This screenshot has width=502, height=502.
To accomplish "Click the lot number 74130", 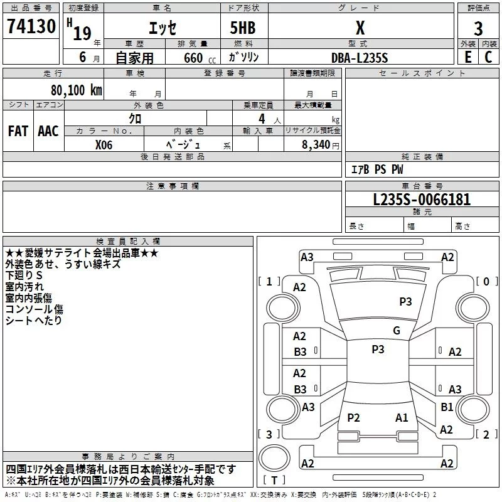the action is point(31,26).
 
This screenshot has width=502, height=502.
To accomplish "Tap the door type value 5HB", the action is point(242,28).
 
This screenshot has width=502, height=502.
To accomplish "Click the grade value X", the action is point(360,28).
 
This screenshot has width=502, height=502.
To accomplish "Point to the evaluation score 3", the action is point(478,29).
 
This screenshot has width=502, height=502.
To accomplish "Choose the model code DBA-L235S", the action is point(360,58).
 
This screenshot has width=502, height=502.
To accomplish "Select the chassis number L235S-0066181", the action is point(422,200).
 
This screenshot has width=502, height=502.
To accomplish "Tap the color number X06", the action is point(104,144).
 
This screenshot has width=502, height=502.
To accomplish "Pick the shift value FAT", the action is point(18,131).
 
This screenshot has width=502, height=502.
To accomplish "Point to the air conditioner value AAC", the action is point(48,131).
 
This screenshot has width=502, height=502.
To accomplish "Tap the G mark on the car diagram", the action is point(397,331).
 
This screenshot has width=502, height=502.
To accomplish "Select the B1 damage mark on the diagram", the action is point(447,407).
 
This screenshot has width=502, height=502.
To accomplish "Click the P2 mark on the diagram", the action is point(354,417).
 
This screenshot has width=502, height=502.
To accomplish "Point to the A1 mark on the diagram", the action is point(402,417).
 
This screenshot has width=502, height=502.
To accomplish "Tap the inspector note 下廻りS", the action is point(24,275).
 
